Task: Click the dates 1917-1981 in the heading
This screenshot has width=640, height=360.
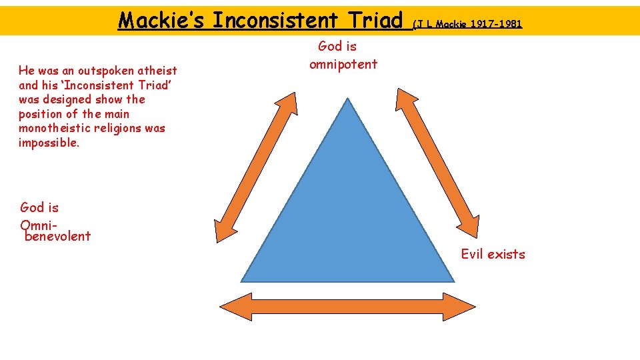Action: point(496,25)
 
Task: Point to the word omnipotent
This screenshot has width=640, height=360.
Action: point(343,65)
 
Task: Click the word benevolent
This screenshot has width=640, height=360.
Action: point(57,236)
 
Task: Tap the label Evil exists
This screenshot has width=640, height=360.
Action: point(493,254)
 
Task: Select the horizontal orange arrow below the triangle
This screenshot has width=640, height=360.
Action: point(347,307)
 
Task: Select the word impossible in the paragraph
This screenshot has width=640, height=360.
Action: point(49,143)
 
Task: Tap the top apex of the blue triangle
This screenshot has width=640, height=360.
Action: point(347,100)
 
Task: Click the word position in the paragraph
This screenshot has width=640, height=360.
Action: point(41,114)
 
